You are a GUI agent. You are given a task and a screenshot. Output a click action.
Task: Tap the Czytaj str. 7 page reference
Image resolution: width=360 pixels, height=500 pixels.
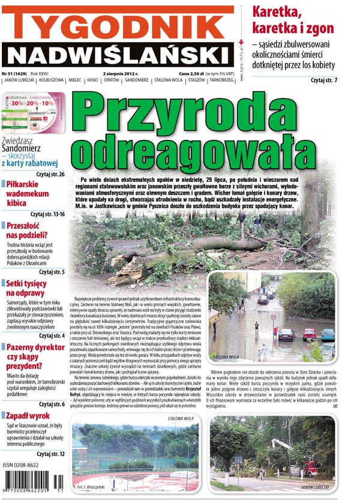(x=324, y=80)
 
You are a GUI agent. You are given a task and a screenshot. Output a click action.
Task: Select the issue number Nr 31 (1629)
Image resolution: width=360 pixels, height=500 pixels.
(x=18, y=73)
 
